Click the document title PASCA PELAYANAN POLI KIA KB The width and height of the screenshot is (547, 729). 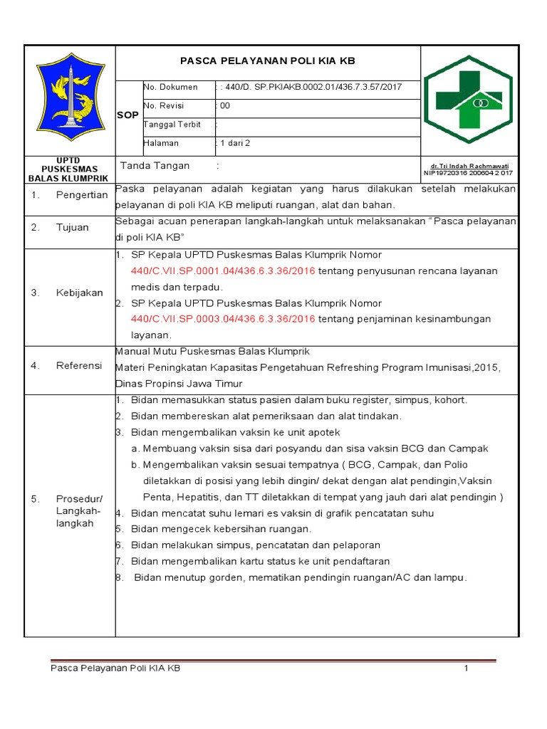coord(268,62)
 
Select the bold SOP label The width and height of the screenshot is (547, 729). coord(127,115)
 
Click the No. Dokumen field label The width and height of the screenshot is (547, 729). coord(171,88)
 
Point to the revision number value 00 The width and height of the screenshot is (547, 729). coord(225,105)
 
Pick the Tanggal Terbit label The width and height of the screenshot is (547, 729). coord(173,125)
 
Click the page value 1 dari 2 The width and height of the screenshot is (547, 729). coord(236,143)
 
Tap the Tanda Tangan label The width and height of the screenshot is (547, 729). coord(155,166)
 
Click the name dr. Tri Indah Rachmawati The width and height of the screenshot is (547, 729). coord(471,164)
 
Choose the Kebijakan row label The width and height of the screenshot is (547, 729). coord(79,293)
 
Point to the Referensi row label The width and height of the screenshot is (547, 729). coord(79,366)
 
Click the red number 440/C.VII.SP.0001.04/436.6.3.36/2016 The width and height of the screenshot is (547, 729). coord(223,271)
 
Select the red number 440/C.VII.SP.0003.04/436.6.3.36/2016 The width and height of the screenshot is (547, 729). coord(223,319)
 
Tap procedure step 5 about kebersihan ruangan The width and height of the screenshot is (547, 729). coord(221,529)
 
